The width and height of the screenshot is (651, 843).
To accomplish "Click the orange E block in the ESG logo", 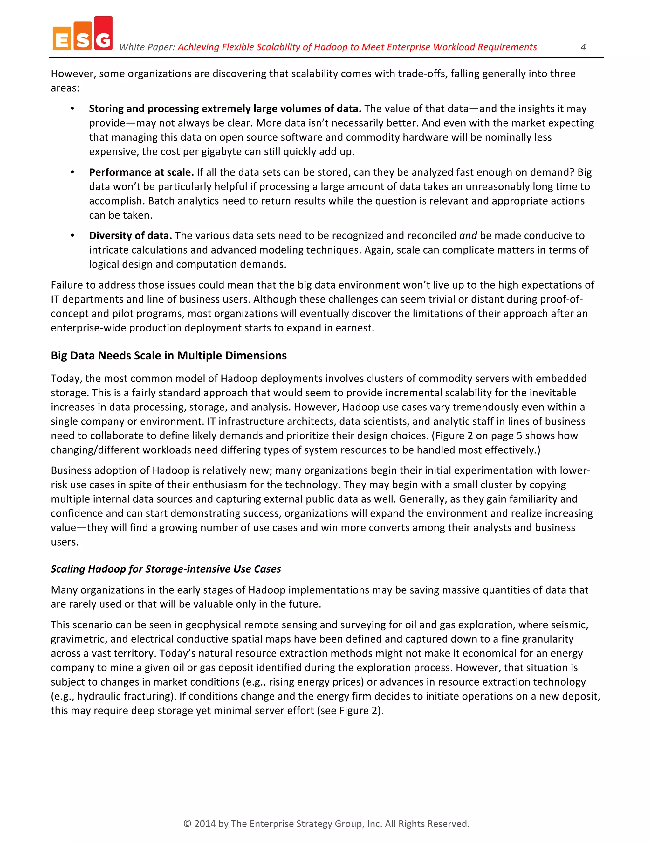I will [x=62, y=38].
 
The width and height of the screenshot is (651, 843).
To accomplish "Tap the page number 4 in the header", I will [x=583, y=47].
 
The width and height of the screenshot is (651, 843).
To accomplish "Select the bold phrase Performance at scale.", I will [x=141, y=172].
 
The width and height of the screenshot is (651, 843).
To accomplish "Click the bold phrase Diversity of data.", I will [x=130, y=235].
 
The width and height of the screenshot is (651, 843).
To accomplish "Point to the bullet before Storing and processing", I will [x=72, y=109].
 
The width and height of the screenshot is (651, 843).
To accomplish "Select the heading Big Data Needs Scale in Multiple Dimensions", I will [x=168, y=356].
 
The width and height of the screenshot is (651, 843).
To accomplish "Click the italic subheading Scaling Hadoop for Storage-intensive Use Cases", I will [x=166, y=569].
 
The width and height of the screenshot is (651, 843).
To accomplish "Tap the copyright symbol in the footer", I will [x=188, y=824].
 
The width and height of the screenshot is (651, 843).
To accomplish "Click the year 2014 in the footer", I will [x=205, y=824].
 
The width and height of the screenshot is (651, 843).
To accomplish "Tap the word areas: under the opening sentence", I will [x=65, y=88].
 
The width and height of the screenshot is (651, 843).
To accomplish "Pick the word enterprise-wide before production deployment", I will [x=89, y=328].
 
